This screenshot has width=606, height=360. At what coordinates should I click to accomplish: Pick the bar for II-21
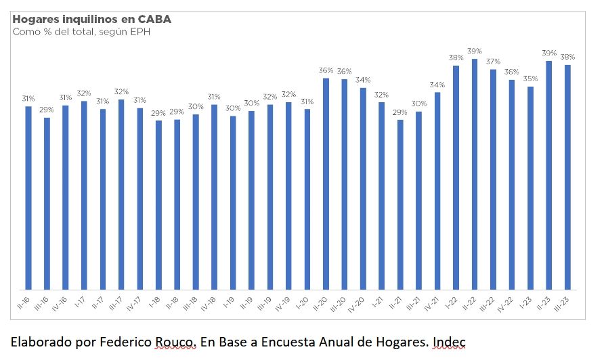[x=400, y=203]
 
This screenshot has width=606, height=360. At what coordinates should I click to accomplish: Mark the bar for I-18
[x=158, y=204]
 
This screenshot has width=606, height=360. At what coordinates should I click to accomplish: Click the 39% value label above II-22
[x=475, y=51]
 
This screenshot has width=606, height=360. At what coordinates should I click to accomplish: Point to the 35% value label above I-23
[x=530, y=78]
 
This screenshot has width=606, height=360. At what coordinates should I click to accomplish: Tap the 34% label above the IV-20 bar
[x=363, y=80]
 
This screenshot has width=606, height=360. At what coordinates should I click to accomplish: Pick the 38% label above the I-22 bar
[x=456, y=58]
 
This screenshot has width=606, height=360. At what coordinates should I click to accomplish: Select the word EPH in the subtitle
[x=140, y=32]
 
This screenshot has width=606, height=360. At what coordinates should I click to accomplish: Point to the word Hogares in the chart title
[x=35, y=19]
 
